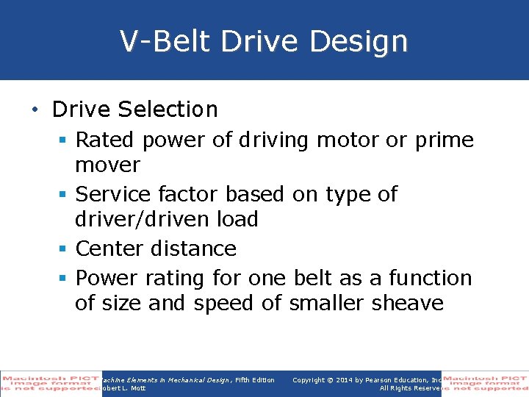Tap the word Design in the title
[x=359, y=41]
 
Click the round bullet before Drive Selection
[x=35, y=110]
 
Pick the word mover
[x=107, y=165]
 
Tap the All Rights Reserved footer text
[x=409, y=388]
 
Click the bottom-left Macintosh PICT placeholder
[x=50, y=383]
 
